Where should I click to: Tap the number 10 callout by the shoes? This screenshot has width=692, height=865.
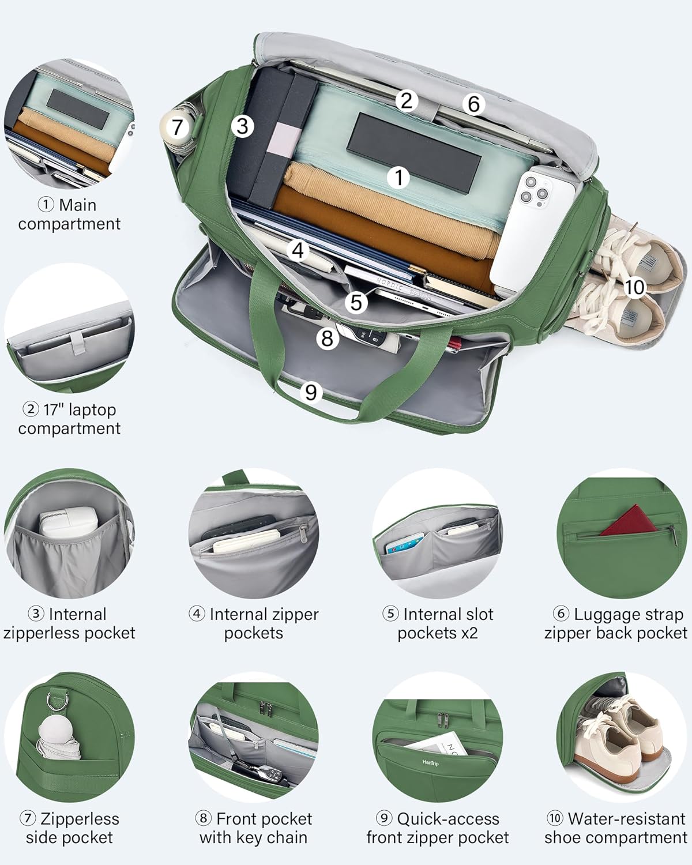point(634,287)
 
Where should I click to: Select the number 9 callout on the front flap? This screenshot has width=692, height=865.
point(311,392)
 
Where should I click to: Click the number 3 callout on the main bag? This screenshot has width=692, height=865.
point(242,127)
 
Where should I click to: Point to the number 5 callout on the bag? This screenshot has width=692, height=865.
point(356,302)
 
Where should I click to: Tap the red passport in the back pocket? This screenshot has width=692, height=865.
point(629,520)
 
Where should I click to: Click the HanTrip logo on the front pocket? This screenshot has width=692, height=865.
point(430,762)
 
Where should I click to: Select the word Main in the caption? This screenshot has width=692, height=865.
point(78,205)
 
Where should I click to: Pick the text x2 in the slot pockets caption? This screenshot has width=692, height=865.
point(469,633)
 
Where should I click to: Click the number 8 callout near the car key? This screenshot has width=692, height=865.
point(327,338)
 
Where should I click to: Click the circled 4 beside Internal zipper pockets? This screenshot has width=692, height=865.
point(197,614)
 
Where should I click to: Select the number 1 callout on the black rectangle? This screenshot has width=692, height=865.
point(398,177)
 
